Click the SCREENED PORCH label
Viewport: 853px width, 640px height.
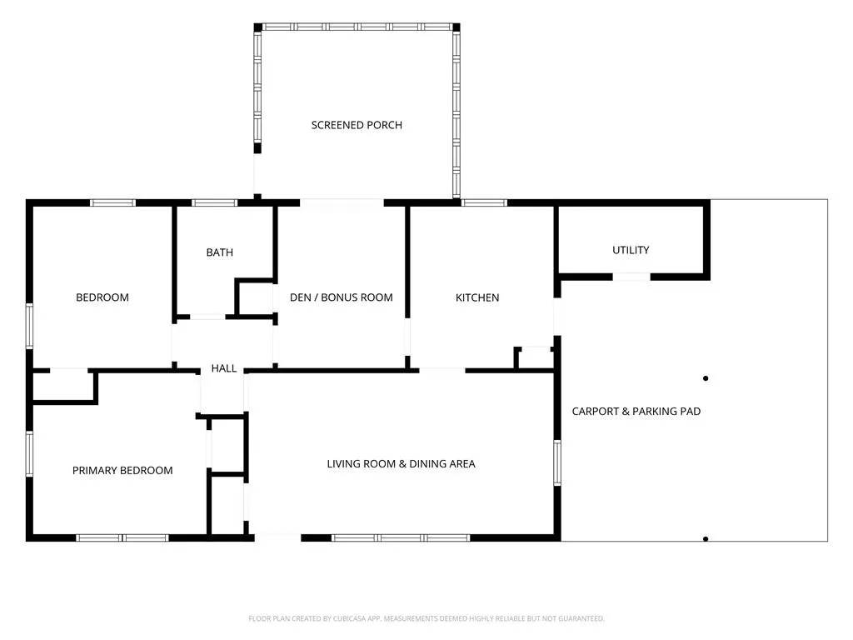pyautogui.click(x=357, y=125)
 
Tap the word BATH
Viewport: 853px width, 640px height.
pyautogui.click(x=220, y=252)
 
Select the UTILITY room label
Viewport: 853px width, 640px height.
pyautogui.click(x=631, y=250)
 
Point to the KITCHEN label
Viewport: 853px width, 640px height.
pyautogui.click(x=477, y=297)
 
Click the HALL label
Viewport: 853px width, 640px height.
pyautogui.click(x=223, y=368)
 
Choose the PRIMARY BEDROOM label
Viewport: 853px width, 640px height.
pyautogui.click(x=122, y=471)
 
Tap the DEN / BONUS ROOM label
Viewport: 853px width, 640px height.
pyautogui.click(x=341, y=297)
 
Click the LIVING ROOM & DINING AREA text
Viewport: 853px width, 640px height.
pyautogui.click(x=401, y=464)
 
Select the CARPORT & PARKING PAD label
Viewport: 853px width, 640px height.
pyautogui.click(x=636, y=412)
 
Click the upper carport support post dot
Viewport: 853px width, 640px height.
pyautogui.click(x=706, y=378)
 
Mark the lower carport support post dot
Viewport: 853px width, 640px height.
pyautogui.click(x=706, y=539)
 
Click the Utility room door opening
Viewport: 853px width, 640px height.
pyautogui.click(x=631, y=277)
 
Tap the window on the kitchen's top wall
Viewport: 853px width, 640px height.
pyautogui.click(x=484, y=203)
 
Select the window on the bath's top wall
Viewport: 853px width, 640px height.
pyautogui.click(x=214, y=203)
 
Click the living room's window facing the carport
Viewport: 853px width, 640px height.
pyautogui.click(x=557, y=462)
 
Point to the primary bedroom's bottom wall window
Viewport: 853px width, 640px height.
pyautogui.click(x=122, y=537)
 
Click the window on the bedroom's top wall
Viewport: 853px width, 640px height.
pyautogui.click(x=112, y=203)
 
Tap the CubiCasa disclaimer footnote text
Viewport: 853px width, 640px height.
pyautogui.click(x=426, y=618)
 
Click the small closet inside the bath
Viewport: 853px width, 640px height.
pyautogui.click(x=256, y=297)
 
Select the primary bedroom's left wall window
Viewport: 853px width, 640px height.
pyautogui.click(x=29, y=454)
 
